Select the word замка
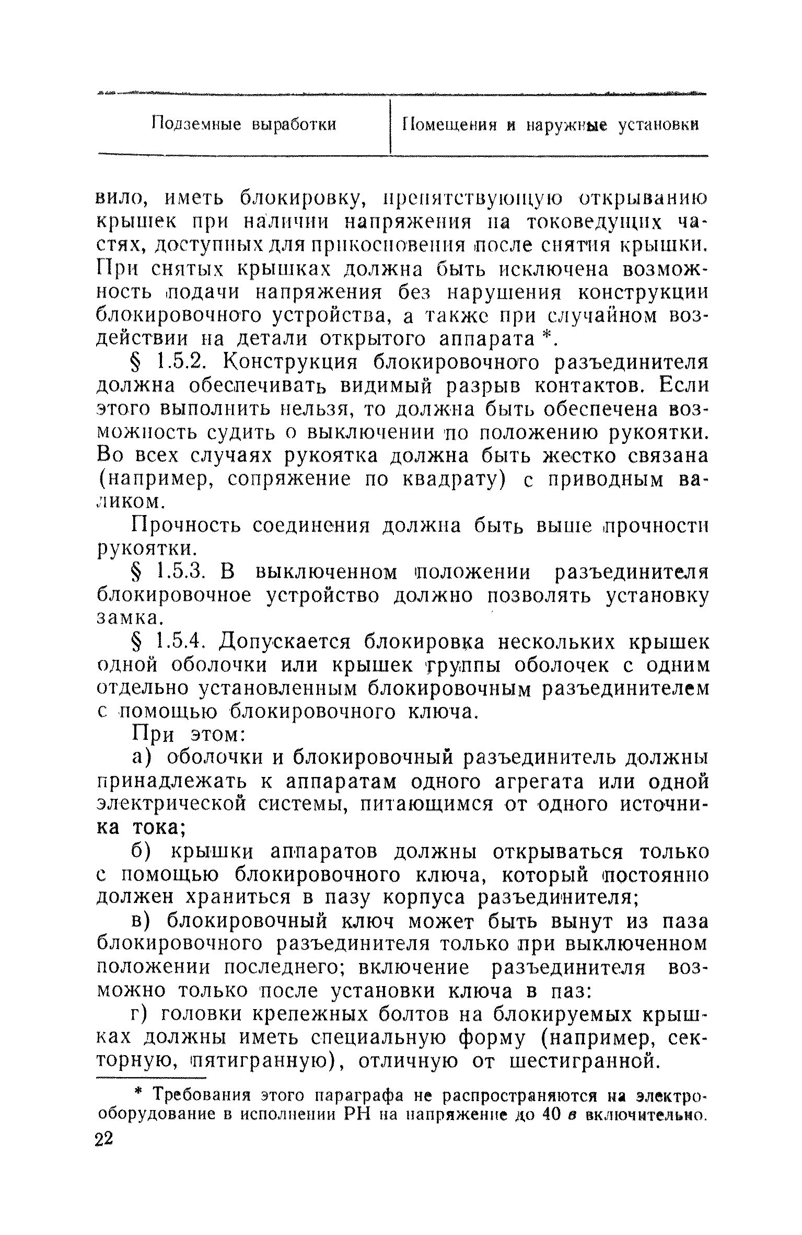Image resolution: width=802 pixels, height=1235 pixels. pyautogui.click(x=127, y=619)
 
